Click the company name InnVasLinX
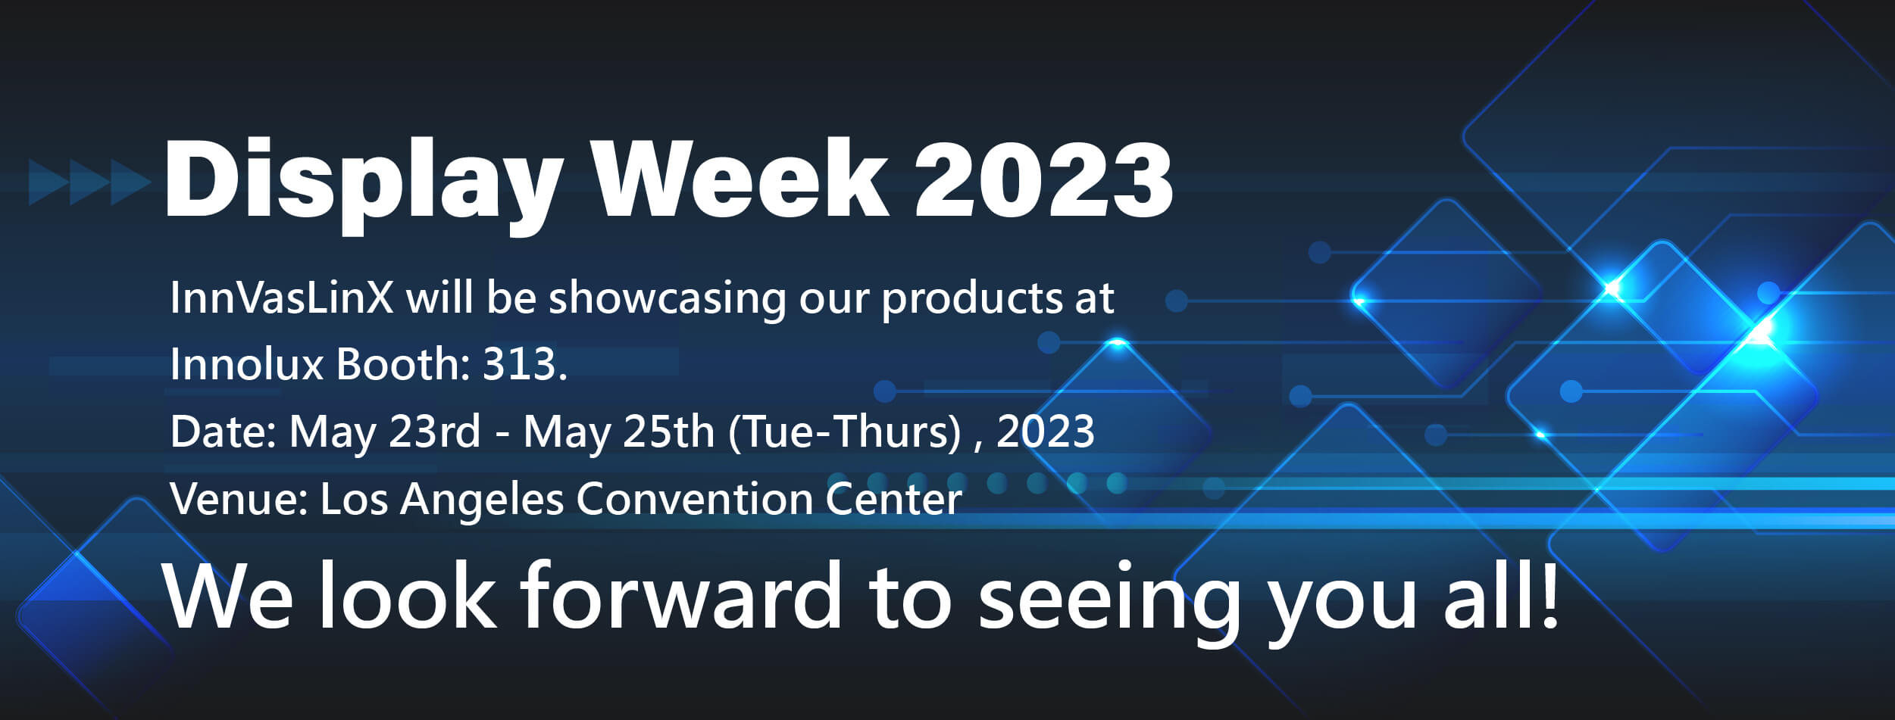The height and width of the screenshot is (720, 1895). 281,298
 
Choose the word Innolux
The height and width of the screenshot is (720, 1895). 247,364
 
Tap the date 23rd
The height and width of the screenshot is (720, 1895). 434,432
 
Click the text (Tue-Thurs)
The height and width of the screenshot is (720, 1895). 844,432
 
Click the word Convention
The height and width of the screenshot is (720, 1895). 694,499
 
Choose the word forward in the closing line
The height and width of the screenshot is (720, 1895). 680,596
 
